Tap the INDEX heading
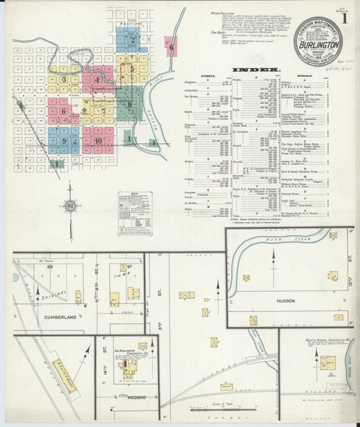257,70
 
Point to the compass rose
70,207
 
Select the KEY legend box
134,214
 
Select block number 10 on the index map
98,141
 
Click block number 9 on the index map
63,141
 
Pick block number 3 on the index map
63,80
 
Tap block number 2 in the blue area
133,40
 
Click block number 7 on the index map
103,111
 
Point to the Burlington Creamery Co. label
126,353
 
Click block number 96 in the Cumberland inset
49,267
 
